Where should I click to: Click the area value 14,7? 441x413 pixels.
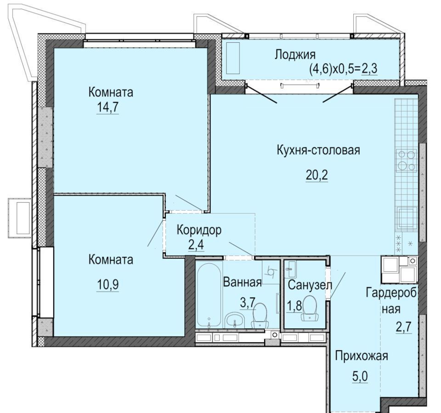[x=107, y=107]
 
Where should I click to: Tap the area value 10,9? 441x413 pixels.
[x=107, y=285]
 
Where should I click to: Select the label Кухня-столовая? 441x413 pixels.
[x=318, y=151]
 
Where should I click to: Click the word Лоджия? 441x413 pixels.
[x=295, y=55]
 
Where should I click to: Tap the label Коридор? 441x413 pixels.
[x=199, y=230]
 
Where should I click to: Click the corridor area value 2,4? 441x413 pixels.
[x=196, y=245]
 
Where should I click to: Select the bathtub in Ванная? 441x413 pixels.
[x=209, y=295]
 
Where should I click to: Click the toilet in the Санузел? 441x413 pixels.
[x=310, y=308]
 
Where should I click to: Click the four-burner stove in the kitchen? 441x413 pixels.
[x=406, y=161]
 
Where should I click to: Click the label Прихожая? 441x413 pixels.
[x=362, y=356]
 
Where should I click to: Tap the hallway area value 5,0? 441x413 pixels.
[x=360, y=376]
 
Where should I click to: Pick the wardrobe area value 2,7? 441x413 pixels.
[x=404, y=327]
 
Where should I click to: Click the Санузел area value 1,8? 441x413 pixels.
[x=294, y=306]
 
